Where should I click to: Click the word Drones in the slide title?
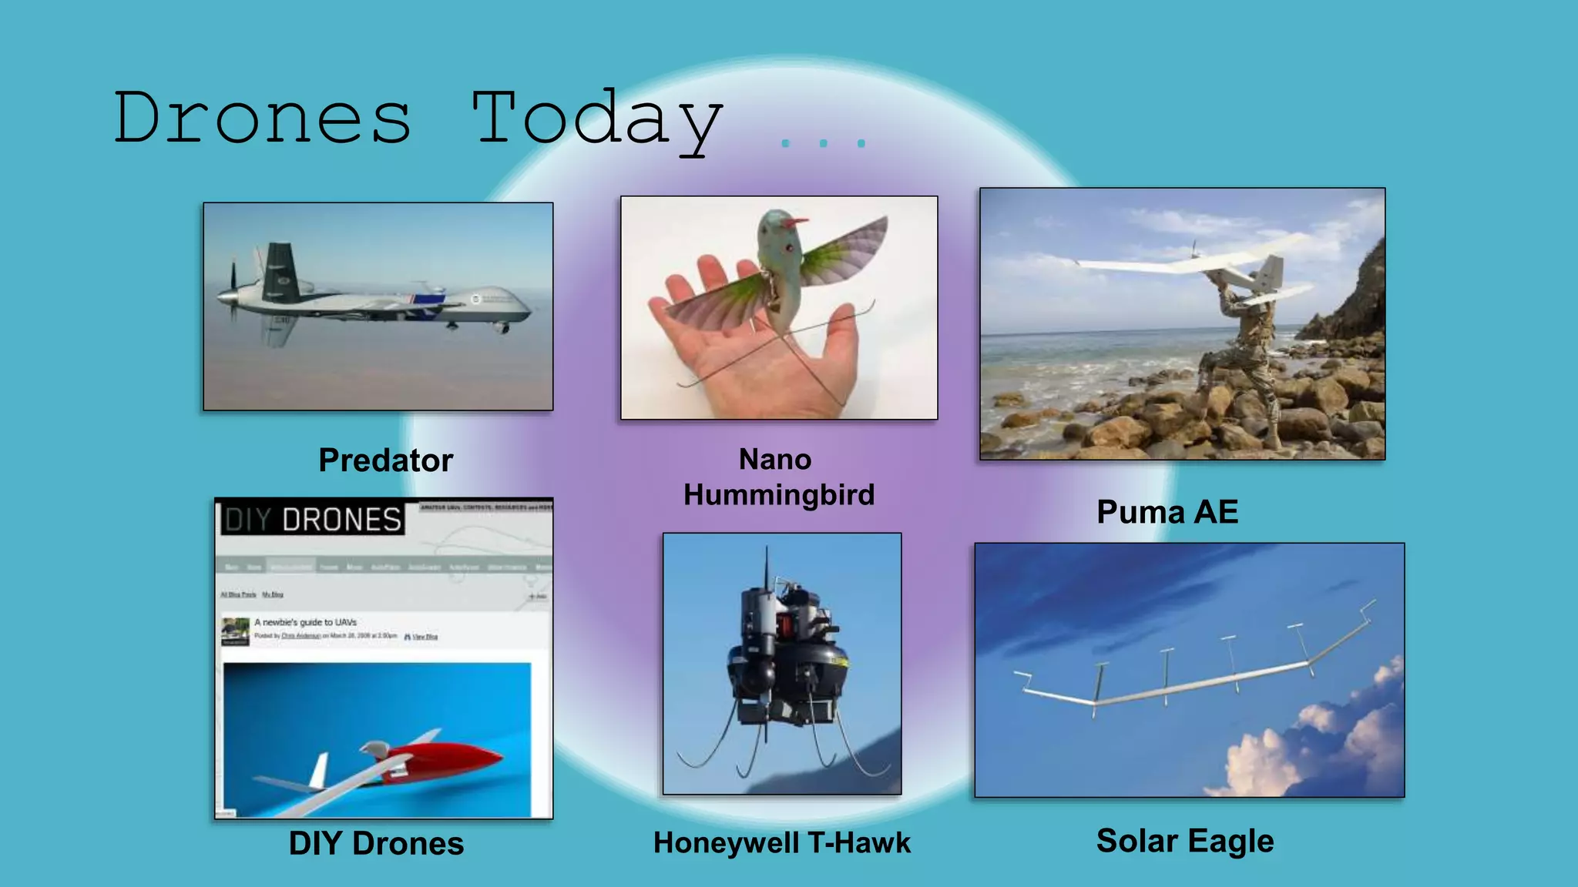[x=262, y=117]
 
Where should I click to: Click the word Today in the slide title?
[x=597, y=119]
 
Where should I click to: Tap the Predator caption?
[x=385, y=460]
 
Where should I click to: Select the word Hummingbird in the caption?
[x=779, y=494]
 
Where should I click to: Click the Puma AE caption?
[x=1167, y=512]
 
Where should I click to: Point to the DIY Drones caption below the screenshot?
[x=376, y=843]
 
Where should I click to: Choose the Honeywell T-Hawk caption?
[x=782, y=842]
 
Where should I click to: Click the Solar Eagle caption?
[x=1185, y=841]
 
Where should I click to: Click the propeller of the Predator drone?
[x=232, y=293]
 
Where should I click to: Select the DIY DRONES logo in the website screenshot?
[x=313, y=519]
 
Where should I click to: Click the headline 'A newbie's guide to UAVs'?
[x=306, y=622]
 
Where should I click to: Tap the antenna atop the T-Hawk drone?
[x=766, y=566]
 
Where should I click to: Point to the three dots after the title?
[x=823, y=143]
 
